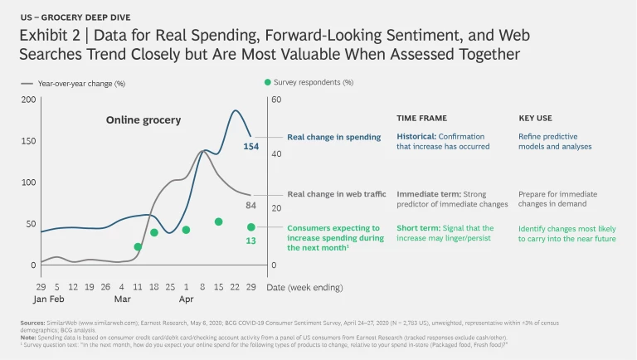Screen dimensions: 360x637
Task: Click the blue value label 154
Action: click(250, 147)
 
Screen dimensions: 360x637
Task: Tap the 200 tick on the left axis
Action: click(28, 100)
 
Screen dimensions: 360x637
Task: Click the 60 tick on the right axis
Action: click(277, 100)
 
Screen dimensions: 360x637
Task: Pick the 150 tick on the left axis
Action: click(28, 141)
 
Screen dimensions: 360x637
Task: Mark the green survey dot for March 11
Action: click(138, 247)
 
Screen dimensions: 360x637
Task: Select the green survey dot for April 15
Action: click(219, 221)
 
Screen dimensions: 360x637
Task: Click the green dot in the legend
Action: click(267, 82)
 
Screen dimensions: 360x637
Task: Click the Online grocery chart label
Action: click(143, 120)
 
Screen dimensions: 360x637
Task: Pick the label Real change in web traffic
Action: click(337, 194)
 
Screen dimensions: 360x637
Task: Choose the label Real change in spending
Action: click(333, 137)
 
